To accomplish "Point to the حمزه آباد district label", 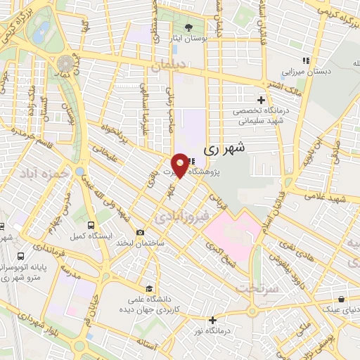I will [44, 173].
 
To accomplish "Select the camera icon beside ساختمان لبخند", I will [140, 233].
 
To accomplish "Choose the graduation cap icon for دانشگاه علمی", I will [148, 288].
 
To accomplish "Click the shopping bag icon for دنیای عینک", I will [340, 297].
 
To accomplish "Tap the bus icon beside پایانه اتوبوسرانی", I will [22, 257].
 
